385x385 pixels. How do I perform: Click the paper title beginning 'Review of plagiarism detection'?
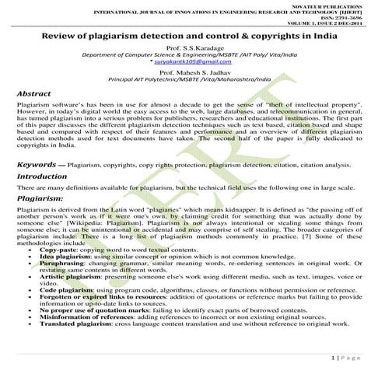tap(192, 37)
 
